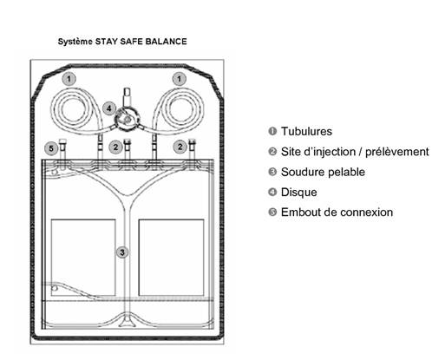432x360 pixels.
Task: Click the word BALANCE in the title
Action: [x=166, y=42]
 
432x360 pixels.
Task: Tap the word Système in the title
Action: [x=75, y=42]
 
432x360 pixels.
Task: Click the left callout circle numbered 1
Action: [x=69, y=79]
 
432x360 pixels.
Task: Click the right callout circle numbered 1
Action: [x=180, y=79]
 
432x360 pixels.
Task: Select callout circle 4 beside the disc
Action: [x=109, y=108]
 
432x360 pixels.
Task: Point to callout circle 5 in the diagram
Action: [x=51, y=148]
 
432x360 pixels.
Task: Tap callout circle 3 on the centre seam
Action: [x=122, y=252]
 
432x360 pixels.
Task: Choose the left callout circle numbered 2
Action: [x=115, y=147]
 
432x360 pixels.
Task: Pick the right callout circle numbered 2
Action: [x=180, y=147]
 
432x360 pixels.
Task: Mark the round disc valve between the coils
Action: [x=128, y=119]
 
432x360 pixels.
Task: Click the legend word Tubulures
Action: [x=306, y=131]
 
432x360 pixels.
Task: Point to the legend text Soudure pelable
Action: [x=323, y=172]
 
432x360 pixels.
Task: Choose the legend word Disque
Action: [x=299, y=193]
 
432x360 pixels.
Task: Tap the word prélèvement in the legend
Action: [x=397, y=152]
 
